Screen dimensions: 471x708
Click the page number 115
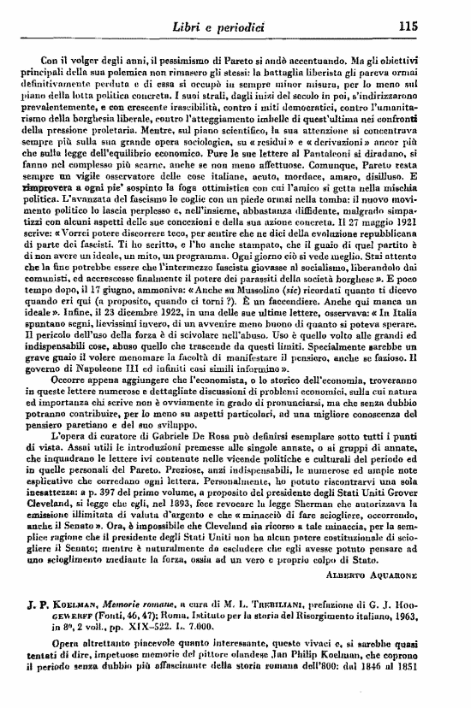(x=407, y=26)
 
